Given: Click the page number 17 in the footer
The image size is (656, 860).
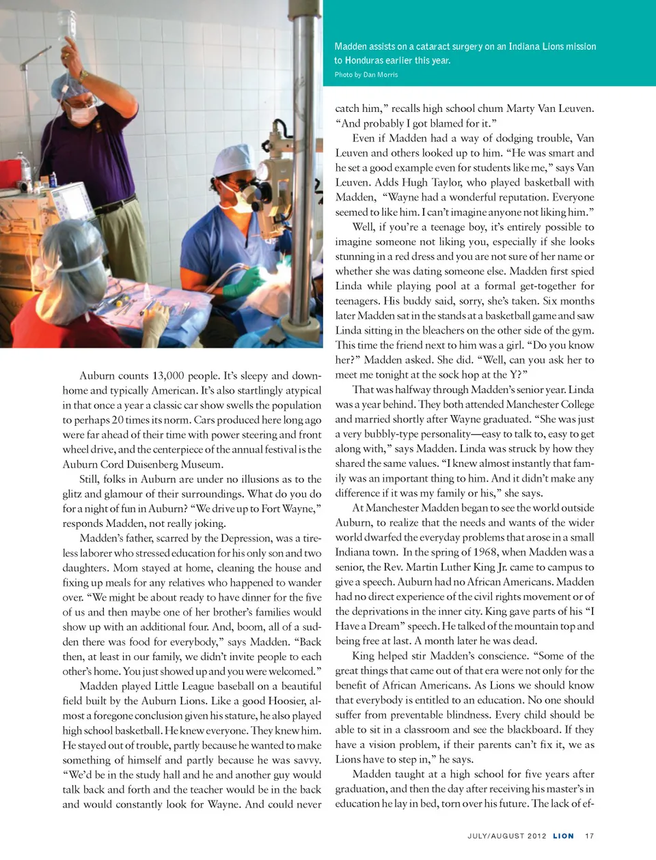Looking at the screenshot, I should click(x=589, y=835).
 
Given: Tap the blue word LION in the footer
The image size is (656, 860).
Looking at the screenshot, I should click(x=563, y=835).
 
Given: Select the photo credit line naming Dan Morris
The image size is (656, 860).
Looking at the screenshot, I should click(x=366, y=74).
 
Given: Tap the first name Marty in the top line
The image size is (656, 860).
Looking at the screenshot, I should click(x=520, y=108).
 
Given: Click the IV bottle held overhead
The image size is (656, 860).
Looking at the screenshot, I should click(x=68, y=25).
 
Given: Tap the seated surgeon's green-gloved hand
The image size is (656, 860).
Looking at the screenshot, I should click(x=244, y=280).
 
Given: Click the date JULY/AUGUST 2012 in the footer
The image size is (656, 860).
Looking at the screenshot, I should click(x=507, y=835).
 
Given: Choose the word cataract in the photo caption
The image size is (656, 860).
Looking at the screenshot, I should click(x=435, y=46).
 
